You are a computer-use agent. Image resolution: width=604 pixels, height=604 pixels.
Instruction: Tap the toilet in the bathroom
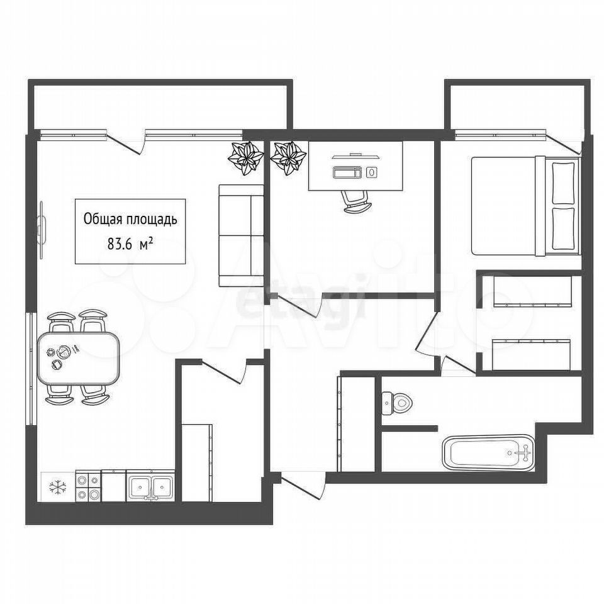397,403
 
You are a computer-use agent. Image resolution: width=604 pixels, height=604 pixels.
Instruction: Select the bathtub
489,452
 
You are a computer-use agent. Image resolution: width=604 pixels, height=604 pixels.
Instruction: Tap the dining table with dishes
78,358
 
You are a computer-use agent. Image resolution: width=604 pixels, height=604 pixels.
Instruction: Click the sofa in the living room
241,235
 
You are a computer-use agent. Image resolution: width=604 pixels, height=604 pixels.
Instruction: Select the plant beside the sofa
246,159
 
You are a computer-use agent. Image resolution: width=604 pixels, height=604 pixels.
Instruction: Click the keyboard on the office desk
347,172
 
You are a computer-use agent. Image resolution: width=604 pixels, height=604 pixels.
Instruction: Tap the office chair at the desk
357,202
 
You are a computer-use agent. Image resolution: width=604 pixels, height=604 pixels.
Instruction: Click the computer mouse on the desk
371,172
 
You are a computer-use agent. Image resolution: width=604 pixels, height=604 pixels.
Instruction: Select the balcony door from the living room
125,143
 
